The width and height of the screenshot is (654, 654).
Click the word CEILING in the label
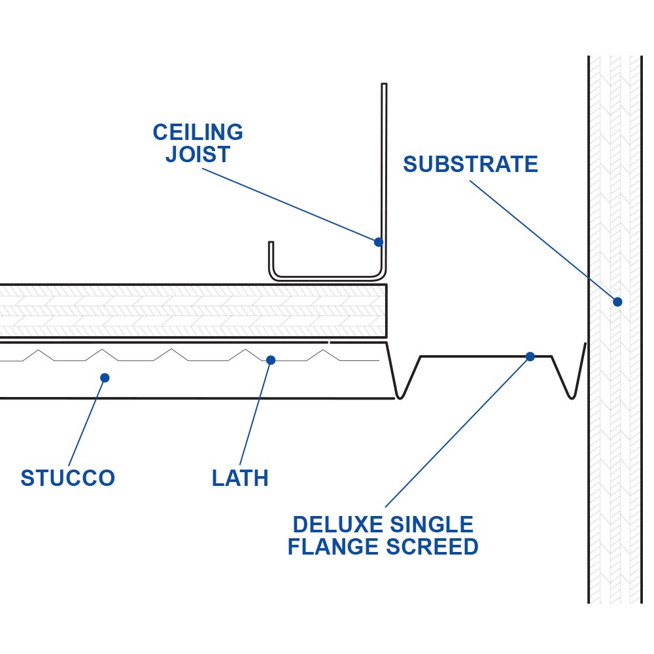198,133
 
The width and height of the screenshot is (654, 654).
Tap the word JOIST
198,155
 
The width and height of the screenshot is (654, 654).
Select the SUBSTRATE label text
470,164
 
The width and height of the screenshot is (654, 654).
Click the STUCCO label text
68,478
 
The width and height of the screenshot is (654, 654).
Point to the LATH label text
240,478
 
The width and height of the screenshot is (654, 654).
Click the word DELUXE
336,525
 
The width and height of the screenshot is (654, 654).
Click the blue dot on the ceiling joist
378,242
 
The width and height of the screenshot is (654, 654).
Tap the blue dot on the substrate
617,301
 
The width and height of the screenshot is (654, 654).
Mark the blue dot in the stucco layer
105,377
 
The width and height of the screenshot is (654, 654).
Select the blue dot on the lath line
271,360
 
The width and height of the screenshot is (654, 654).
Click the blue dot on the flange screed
530,356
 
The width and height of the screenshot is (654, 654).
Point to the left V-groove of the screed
401,386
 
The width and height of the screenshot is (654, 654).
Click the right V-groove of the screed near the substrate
571,386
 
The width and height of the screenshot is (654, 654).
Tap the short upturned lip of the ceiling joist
271,258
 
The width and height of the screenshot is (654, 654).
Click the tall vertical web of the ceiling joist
384,163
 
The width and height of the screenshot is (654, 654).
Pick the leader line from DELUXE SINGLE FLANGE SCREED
458,432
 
